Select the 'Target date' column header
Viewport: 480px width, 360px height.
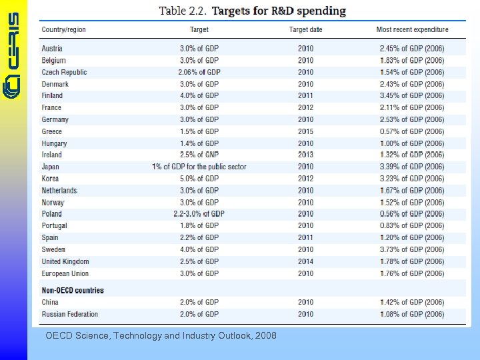pyautogui.click(x=305, y=29)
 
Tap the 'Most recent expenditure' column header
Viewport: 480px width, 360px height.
pyautogui.click(x=412, y=29)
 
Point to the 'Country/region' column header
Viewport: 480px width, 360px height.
pyautogui.click(x=64, y=29)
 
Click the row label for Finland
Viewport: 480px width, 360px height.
pyautogui.click(x=52, y=96)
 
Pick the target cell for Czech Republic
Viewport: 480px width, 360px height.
pyautogui.click(x=199, y=72)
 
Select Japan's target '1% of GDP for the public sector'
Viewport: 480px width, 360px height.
pyautogui.click(x=199, y=167)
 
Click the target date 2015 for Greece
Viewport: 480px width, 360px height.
pyautogui.click(x=305, y=131)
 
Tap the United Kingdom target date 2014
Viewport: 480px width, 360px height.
pyautogui.click(x=305, y=261)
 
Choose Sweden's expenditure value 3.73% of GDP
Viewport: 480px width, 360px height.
pyautogui.click(x=412, y=249)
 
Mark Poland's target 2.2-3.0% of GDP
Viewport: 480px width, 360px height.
pyautogui.click(x=199, y=214)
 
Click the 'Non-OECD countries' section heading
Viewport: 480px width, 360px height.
pyautogui.click(x=73, y=291)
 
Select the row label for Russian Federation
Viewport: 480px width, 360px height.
pyautogui.click(x=70, y=314)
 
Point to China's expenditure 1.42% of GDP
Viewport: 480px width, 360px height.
pyautogui.click(x=412, y=303)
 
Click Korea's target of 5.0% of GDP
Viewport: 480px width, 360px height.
pyautogui.click(x=199, y=179)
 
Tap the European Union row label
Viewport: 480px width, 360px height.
pyautogui.click(x=65, y=273)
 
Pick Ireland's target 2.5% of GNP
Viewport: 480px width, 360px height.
pyautogui.click(x=199, y=155)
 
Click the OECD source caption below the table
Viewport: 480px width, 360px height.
pyautogui.click(x=161, y=336)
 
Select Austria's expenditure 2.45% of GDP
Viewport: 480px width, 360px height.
pyautogui.click(x=412, y=49)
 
